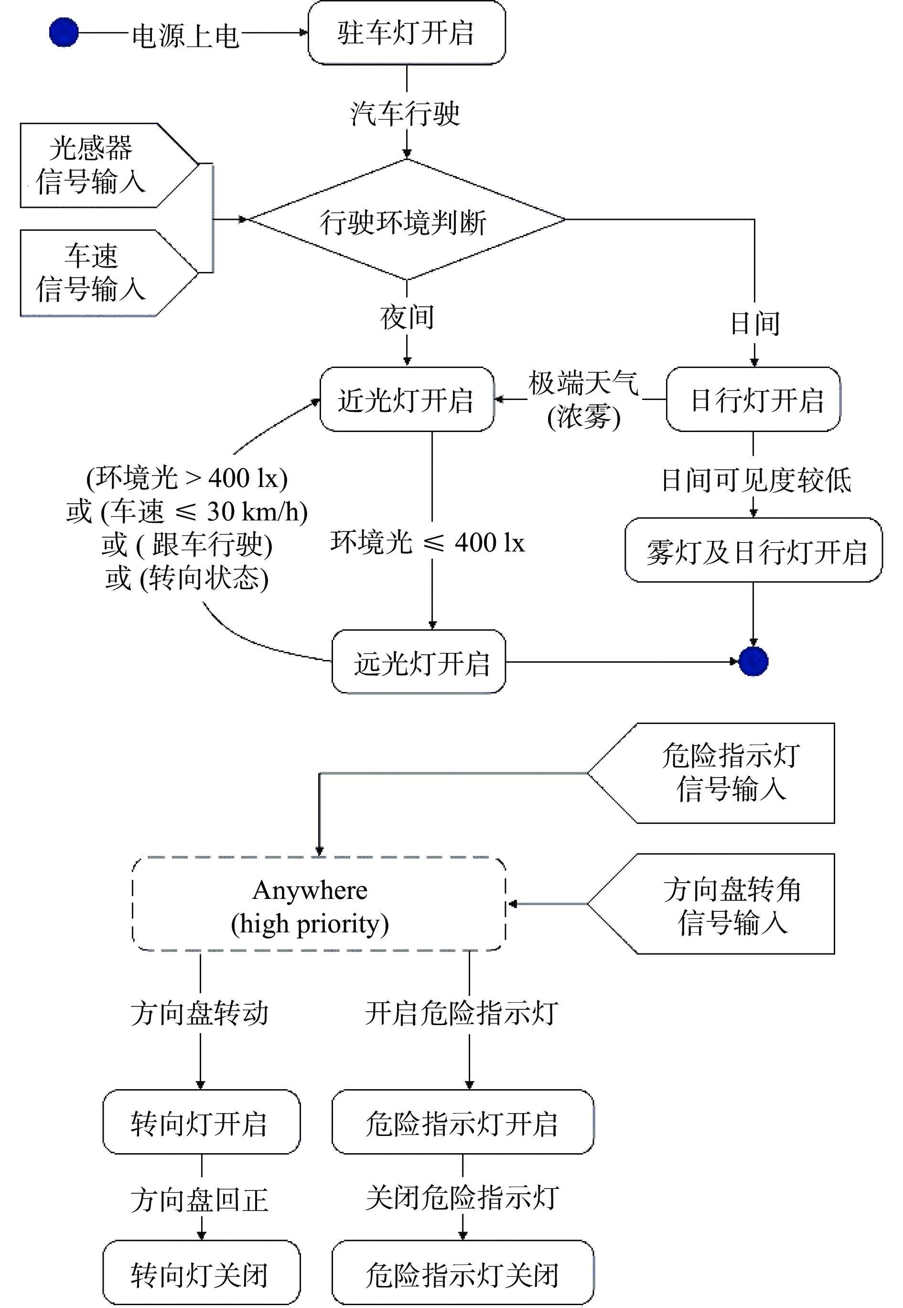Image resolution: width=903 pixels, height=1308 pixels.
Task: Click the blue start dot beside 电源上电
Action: click(64, 33)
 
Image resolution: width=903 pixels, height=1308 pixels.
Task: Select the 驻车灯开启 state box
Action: click(406, 33)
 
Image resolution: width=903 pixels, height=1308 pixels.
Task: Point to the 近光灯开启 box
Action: click(406, 400)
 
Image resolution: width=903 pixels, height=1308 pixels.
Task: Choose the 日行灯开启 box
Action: click(753, 400)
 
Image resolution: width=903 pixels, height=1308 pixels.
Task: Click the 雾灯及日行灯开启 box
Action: click(753, 550)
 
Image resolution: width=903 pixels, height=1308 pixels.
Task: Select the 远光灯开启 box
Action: click(419, 661)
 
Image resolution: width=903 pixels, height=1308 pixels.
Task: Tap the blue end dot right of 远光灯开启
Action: click(753, 661)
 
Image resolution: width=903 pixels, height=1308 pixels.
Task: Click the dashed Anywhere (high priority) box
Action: click(319, 904)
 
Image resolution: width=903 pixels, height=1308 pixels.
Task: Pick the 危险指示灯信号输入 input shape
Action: click(724, 773)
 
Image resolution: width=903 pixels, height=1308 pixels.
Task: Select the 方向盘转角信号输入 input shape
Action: click(724, 904)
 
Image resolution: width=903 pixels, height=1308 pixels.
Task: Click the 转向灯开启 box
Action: click(201, 1122)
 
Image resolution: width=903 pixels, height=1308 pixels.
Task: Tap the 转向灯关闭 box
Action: click(201, 1272)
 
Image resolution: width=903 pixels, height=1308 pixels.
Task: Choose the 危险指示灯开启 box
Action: click(463, 1122)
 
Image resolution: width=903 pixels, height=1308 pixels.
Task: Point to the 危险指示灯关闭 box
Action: click(463, 1272)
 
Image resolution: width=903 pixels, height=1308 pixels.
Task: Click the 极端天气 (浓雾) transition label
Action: click(583, 400)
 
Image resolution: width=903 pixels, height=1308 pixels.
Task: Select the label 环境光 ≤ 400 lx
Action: click(428, 542)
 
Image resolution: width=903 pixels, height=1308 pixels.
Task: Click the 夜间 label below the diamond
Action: click(407, 317)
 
